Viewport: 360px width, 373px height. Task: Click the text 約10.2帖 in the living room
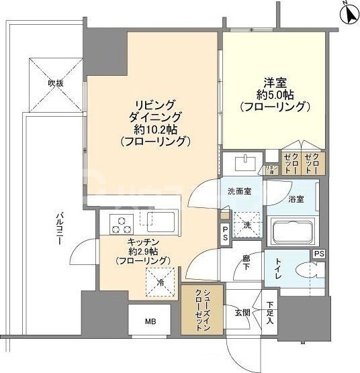point(155,129)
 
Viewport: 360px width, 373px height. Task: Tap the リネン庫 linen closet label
point(271,170)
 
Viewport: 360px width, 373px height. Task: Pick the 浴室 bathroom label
point(296,199)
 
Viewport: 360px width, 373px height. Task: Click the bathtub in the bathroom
point(294,233)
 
